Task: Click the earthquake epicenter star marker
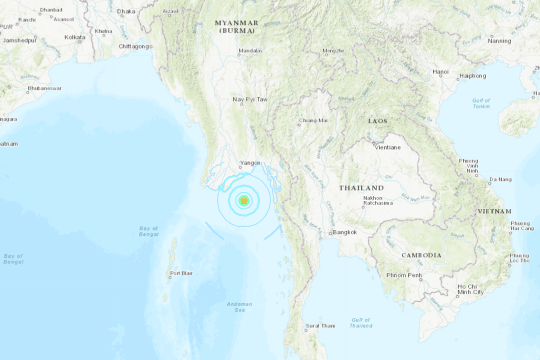click(x=244, y=201)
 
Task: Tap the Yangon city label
click(x=250, y=163)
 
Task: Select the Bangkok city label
click(x=345, y=232)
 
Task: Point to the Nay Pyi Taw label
click(x=250, y=99)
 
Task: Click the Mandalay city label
click(x=250, y=50)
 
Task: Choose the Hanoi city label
click(x=440, y=72)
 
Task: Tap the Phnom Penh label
click(x=403, y=275)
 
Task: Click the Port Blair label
click(x=181, y=273)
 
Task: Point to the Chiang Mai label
click(x=313, y=120)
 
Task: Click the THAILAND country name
click(x=361, y=188)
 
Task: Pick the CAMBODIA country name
click(x=421, y=255)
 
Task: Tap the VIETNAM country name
click(x=494, y=211)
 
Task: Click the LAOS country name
click(x=377, y=121)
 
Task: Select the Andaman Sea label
click(x=239, y=307)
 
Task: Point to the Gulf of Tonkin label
click(x=481, y=103)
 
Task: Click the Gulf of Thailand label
click(x=360, y=322)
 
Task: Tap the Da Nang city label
click(x=500, y=179)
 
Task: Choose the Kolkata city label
click(x=74, y=37)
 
